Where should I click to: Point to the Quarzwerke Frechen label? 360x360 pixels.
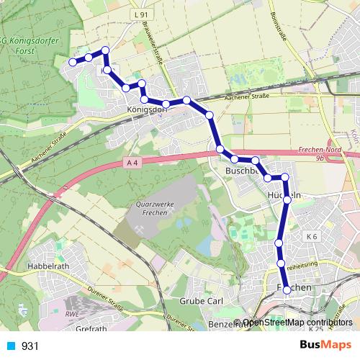pyautogui.click(x=155, y=208)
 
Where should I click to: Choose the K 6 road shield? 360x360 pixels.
pyautogui.click(x=311, y=236)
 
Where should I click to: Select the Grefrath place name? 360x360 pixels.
pyautogui.click(x=90, y=329)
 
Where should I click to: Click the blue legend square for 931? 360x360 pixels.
pyautogui.click(x=9, y=346)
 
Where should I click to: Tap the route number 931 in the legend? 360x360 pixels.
pyautogui.click(x=30, y=346)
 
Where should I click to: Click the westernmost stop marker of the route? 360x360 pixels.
pyautogui.click(x=72, y=63)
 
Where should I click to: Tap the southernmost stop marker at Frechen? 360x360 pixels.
pyautogui.click(x=287, y=289)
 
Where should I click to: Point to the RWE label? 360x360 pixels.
pyautogui.click(x=71, y=315)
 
